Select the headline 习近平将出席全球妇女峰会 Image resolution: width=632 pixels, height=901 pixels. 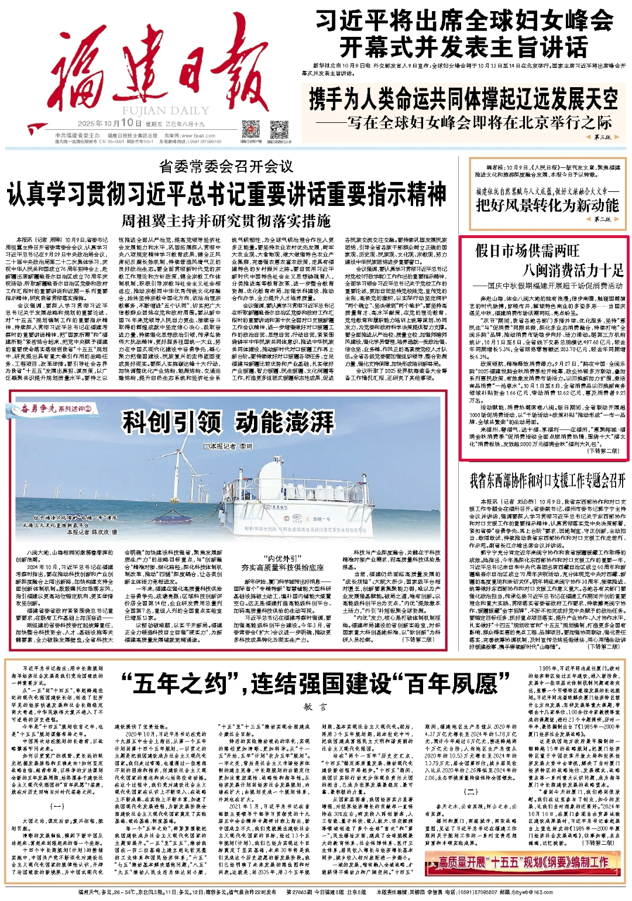(464, 21)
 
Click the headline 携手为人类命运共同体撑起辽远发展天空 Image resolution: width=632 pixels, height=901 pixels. (463, 99)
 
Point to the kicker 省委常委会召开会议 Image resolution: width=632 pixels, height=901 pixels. (226, 167)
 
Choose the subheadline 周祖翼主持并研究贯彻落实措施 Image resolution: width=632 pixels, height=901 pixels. (226, 221)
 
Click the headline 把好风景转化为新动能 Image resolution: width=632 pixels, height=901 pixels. (547, 205)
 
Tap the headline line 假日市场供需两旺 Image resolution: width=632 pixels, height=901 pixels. (527, 251)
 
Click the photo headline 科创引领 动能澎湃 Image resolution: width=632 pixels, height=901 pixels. (228, 421)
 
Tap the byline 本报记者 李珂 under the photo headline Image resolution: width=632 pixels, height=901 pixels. (228, 446)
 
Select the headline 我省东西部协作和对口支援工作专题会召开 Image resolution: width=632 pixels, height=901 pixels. (547, 481)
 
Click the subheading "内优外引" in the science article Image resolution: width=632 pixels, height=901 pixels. (283, 558)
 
